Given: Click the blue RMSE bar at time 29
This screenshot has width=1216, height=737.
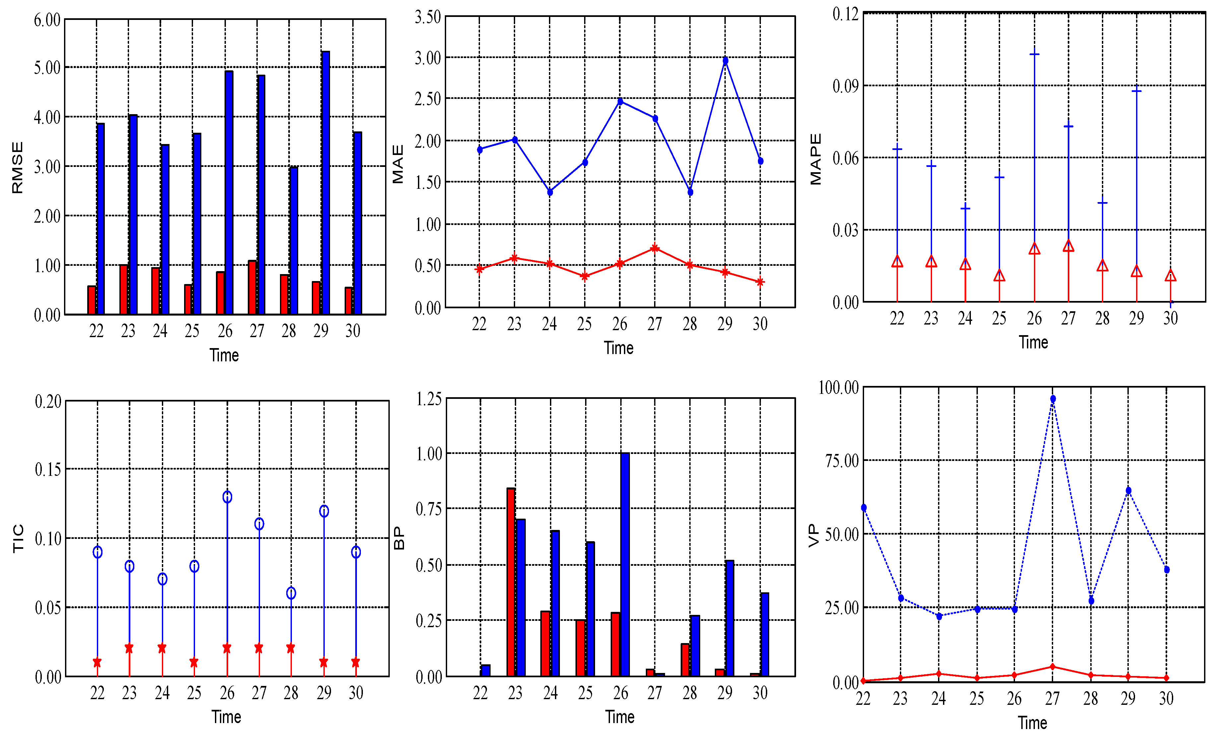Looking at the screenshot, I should (325, 183).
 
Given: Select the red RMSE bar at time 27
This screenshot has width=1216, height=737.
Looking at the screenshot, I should (252, 287).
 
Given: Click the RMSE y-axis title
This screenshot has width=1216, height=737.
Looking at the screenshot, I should (17, 168).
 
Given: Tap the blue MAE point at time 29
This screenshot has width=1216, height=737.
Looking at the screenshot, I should (725, 61).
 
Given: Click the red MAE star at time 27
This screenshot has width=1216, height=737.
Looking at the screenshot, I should (655, 248).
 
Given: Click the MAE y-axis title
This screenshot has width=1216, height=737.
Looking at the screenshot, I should (398, 164).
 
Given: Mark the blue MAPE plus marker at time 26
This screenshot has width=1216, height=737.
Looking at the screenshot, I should (1034, 54).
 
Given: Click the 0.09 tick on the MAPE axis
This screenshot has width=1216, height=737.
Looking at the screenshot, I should (845, 86).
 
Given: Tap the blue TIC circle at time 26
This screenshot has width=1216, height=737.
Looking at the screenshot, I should (227, 497).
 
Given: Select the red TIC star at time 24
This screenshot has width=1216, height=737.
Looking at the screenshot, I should (162, 648).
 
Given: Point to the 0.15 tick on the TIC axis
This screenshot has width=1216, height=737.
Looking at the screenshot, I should (48, 469).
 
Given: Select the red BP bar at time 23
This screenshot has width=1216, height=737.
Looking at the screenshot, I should (511, 582).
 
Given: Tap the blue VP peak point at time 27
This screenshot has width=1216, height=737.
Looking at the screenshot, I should (1053, 399).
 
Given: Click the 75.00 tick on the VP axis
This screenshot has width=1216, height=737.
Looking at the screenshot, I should (842, 461).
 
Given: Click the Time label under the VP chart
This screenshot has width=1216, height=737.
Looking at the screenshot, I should (1033, 723).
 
